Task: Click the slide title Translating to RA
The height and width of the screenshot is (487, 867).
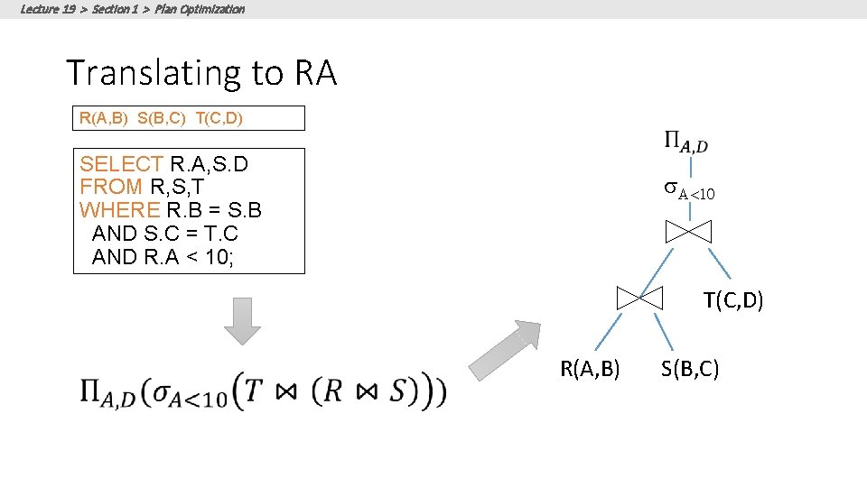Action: click(201, 73)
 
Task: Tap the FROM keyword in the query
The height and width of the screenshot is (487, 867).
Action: click(111, 188)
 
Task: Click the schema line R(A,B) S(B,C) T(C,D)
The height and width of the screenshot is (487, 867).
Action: click(161, 118)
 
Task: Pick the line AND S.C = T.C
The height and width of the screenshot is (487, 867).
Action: click(164, 234)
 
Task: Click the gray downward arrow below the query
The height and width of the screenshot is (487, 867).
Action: click(242, 320)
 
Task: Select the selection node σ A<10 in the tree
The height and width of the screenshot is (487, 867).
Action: click(690, 190)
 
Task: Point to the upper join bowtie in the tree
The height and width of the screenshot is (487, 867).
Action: click(688, 231)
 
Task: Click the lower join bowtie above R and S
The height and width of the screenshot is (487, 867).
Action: click(640, 298)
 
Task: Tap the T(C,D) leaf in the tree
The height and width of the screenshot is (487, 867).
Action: click(733, 300)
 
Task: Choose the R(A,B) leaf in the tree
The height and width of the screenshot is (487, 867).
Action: click(590, 368)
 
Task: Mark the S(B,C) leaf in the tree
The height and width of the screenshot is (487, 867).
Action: click(690, 368)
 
